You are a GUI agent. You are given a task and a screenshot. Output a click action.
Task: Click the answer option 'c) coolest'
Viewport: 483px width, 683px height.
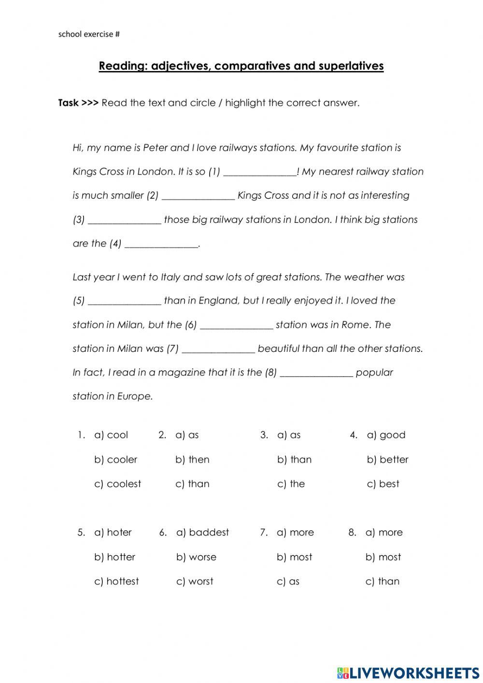117,484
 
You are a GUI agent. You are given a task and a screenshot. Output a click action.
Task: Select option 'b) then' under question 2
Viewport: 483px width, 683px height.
192,460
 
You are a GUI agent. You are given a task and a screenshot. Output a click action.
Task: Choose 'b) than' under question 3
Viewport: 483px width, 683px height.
294,460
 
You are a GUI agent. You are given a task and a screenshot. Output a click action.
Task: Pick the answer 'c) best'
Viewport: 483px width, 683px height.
383,484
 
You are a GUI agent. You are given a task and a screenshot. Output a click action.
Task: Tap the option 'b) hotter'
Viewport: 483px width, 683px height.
114,557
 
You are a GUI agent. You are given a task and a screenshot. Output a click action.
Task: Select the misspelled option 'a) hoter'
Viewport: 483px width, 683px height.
113,533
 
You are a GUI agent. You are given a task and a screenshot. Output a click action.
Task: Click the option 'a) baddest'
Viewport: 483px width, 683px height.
202,533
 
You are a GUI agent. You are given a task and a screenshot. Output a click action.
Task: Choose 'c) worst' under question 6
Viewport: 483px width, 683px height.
195,581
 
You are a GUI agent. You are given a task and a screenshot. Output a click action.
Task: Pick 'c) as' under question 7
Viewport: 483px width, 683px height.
288,581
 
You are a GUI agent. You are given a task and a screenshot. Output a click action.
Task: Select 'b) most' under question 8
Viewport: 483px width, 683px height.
383,557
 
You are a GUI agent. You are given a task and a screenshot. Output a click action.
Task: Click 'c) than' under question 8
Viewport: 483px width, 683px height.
383,581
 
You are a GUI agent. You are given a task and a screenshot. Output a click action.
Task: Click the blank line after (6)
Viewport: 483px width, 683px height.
236,326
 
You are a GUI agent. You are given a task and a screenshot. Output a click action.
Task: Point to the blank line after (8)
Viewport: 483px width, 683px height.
316,374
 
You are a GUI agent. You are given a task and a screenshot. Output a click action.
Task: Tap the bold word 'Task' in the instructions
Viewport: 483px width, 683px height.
68,103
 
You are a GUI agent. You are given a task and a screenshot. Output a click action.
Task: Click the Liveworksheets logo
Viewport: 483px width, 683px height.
408,672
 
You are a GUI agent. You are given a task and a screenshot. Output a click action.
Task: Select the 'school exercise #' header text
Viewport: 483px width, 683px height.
89,34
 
